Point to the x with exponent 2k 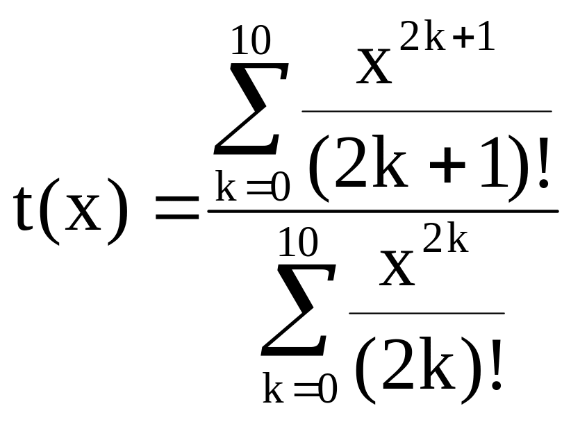pyautogui.click(x=397, y=268)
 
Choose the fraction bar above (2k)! pyautogui.click(x=426, y=313)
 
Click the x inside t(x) pyautogui.click(x=83, y=216)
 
